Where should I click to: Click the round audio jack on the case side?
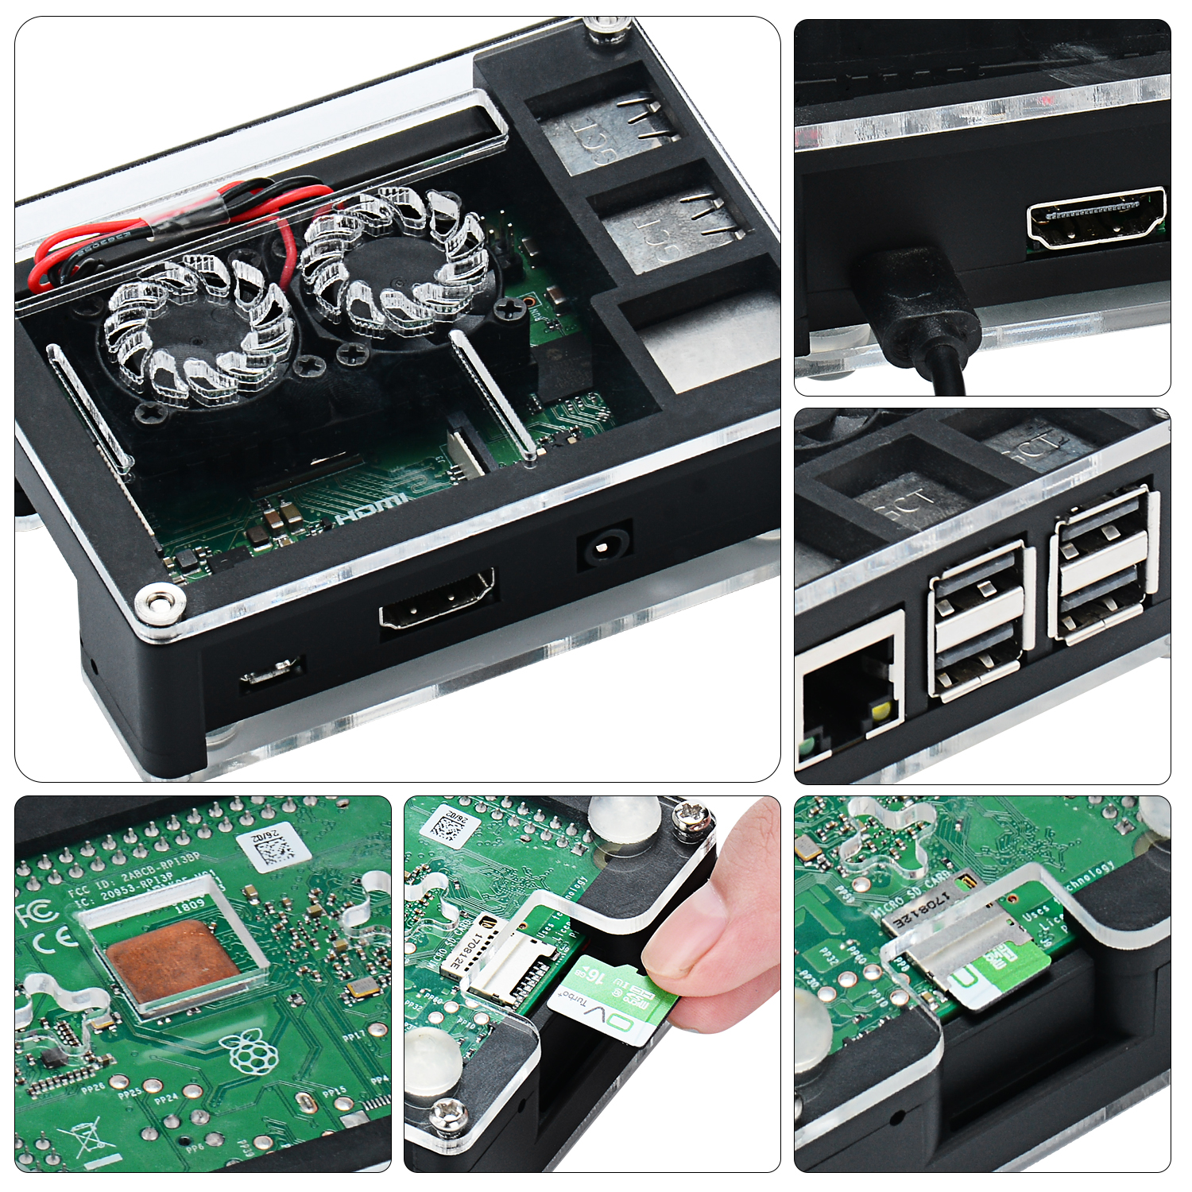604,548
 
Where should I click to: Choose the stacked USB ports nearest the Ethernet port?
981,620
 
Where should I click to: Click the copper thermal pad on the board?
171,962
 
